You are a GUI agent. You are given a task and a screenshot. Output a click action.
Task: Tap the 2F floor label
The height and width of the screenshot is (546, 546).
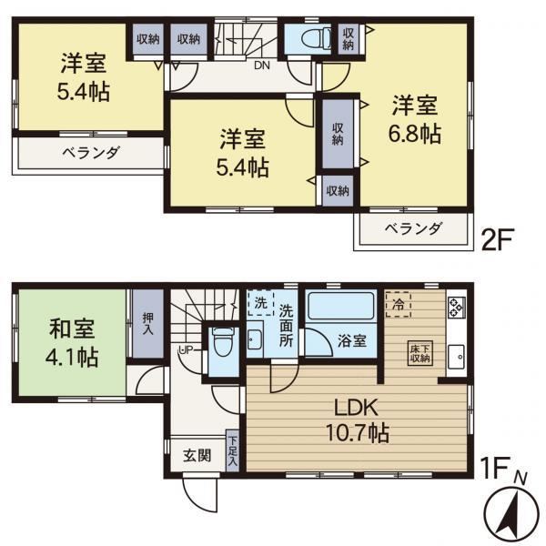[497, 238]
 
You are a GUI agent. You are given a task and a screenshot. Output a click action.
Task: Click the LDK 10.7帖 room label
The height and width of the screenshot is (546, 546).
[357, 420]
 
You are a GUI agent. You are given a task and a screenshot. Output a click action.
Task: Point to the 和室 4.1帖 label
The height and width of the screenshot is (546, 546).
[72, 344]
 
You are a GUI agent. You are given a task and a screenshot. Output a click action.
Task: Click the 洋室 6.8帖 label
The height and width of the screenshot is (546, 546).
[414, 119]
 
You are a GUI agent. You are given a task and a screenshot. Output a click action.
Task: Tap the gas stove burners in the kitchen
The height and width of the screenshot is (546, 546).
[457, 307]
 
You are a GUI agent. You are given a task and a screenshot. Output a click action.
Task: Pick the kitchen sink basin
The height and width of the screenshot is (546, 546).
[456, 357]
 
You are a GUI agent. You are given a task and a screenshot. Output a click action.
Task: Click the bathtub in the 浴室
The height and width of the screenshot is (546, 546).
[341, 306]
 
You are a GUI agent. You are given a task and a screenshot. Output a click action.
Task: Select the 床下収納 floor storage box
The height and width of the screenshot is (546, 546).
[420, 353]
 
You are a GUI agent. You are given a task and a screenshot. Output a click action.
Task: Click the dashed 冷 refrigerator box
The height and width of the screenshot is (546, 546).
[399, 304]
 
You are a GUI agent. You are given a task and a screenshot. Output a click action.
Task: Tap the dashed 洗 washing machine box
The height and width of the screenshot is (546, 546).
[260, 303]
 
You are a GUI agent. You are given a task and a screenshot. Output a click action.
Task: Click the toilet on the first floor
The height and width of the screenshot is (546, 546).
[223, 341]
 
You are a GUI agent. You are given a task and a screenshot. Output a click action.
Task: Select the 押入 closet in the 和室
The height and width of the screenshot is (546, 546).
[148, 324]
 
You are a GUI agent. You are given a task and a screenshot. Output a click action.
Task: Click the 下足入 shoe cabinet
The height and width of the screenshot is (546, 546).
[232, 451]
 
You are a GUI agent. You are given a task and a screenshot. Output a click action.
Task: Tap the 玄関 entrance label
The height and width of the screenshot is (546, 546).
[197, 456]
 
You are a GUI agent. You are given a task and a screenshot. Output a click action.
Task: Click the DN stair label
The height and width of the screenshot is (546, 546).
[262, 66]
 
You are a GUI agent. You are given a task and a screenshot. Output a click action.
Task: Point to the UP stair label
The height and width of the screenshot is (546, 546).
[186, 350]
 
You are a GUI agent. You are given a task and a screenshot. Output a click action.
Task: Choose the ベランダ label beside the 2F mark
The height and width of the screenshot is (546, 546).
[413, 228]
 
